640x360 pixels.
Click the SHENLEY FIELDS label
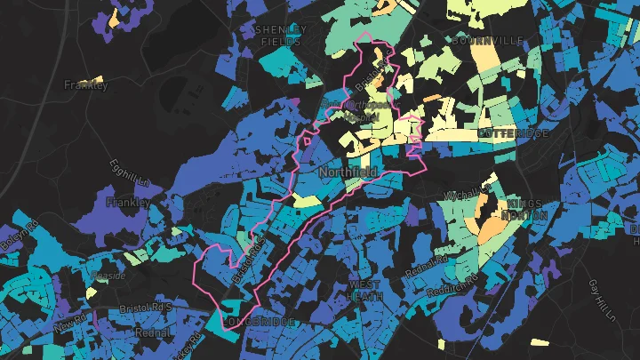tap(280, 35)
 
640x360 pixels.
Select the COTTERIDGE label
tap(513, 132)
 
